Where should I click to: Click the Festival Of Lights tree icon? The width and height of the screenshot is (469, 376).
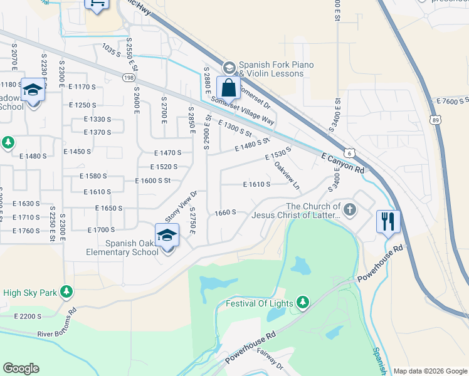[x=303, y=303]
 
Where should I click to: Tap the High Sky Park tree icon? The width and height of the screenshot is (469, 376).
[x=66, y=292]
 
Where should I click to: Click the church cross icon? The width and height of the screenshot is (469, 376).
[x=350, y=210]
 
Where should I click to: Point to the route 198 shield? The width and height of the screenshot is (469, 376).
[x=129, y=77]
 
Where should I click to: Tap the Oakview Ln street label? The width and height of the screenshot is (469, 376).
[x=287, y=176]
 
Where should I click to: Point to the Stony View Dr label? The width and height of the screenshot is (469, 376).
[x=181, y=206]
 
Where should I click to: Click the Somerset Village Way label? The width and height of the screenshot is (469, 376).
[x=243, y=110]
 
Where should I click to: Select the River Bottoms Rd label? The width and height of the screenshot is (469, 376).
[x=56, y=323]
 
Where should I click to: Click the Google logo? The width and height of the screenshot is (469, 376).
[x=21, y=368]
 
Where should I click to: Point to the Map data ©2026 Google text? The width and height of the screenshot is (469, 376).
[x=430, y=371]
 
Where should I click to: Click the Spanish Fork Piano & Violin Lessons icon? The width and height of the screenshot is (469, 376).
[x=229, y=67]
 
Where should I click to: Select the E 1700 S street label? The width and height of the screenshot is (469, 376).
[x=101, y=230]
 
